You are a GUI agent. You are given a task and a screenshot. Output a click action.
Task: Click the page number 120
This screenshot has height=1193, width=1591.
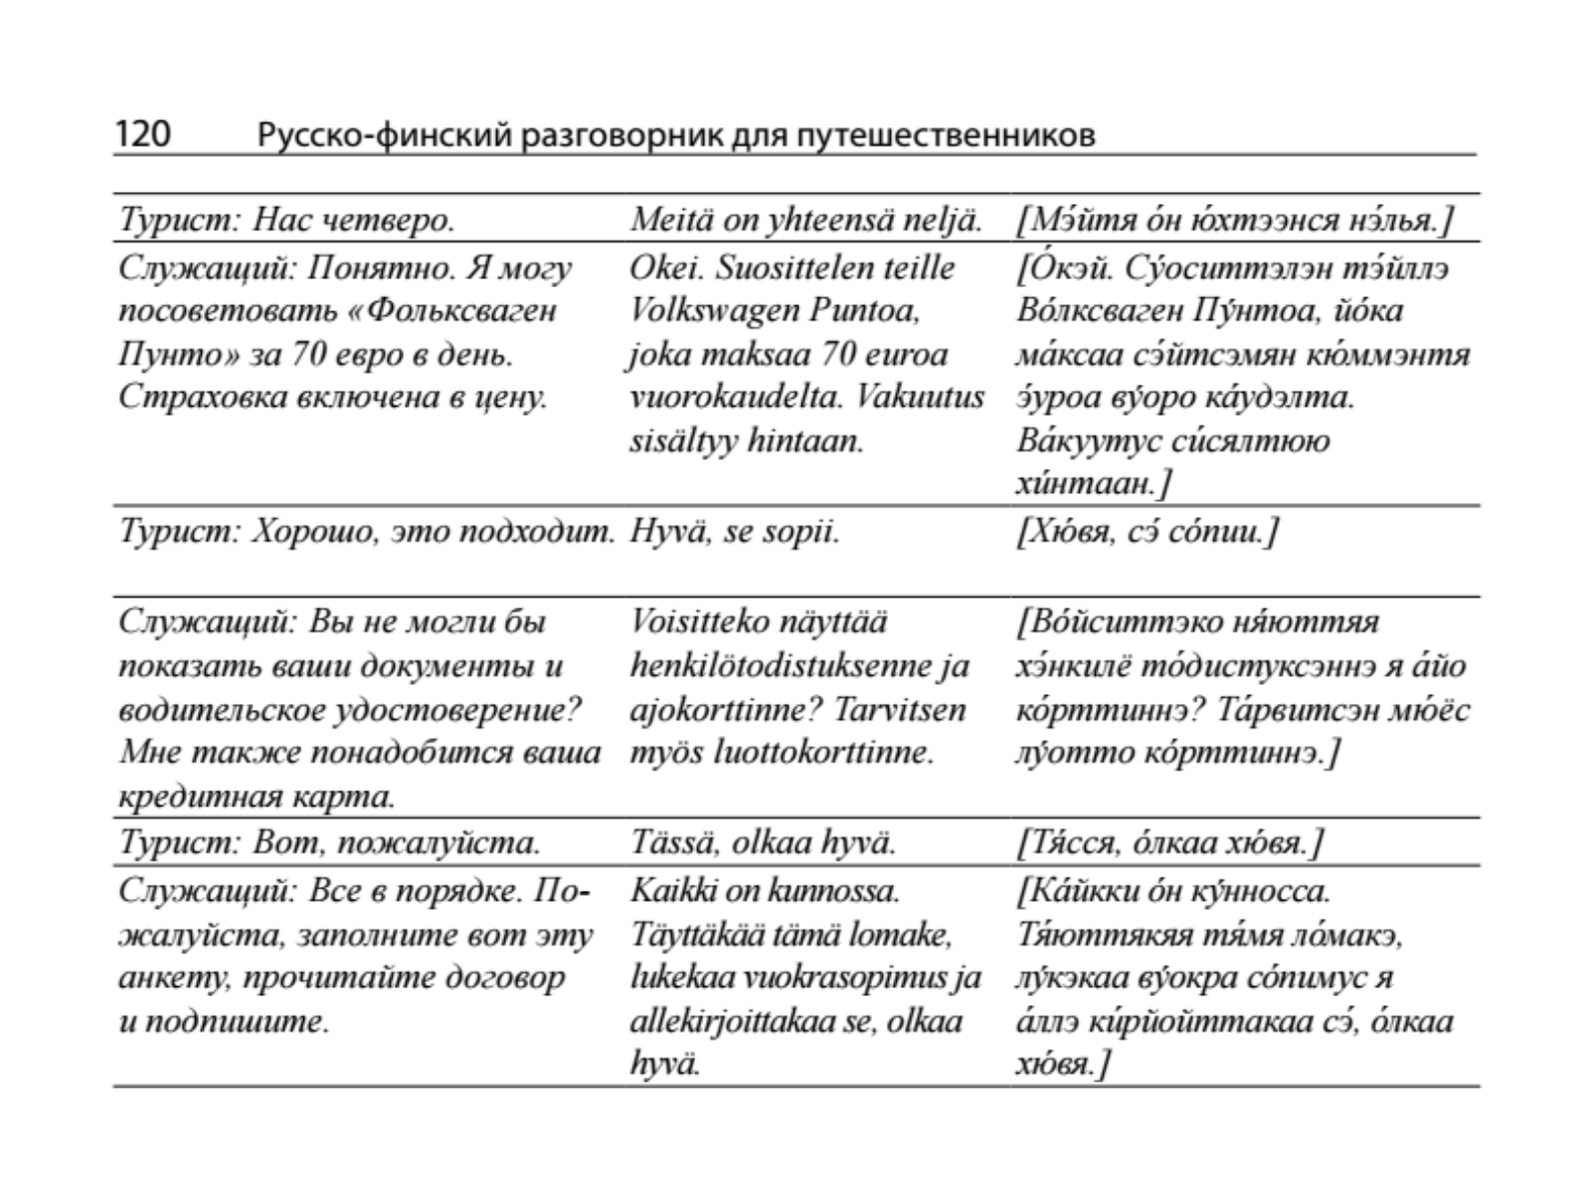click(x=143, y=133)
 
